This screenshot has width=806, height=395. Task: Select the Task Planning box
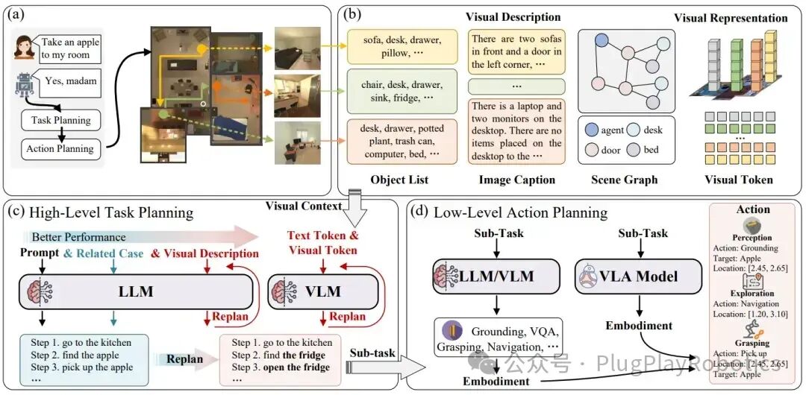[61, 119]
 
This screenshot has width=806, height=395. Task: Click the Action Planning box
[60, 148]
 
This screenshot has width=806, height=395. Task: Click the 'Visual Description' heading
[513, 16]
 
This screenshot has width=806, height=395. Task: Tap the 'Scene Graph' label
[624, 179]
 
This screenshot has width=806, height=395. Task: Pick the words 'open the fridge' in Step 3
[296, 367]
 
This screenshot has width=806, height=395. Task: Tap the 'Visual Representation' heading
[730, 18]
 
